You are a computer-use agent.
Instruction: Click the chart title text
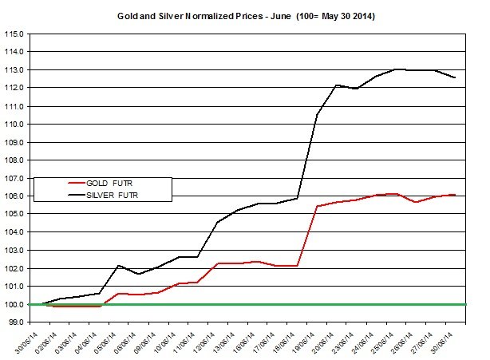coord(247,16)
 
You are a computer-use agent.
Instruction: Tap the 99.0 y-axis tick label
coord(16,322)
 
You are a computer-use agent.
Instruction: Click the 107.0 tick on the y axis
coord(14,178)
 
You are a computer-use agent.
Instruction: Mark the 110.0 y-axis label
coord(14,124)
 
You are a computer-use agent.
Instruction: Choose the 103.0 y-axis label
coord(14,250)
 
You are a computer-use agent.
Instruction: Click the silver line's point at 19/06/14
coord(317,114)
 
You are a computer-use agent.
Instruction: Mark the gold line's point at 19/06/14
coord(317,207)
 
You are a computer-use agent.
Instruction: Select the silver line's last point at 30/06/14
coord(455,77)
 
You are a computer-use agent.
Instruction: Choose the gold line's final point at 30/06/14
coord(455,195)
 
